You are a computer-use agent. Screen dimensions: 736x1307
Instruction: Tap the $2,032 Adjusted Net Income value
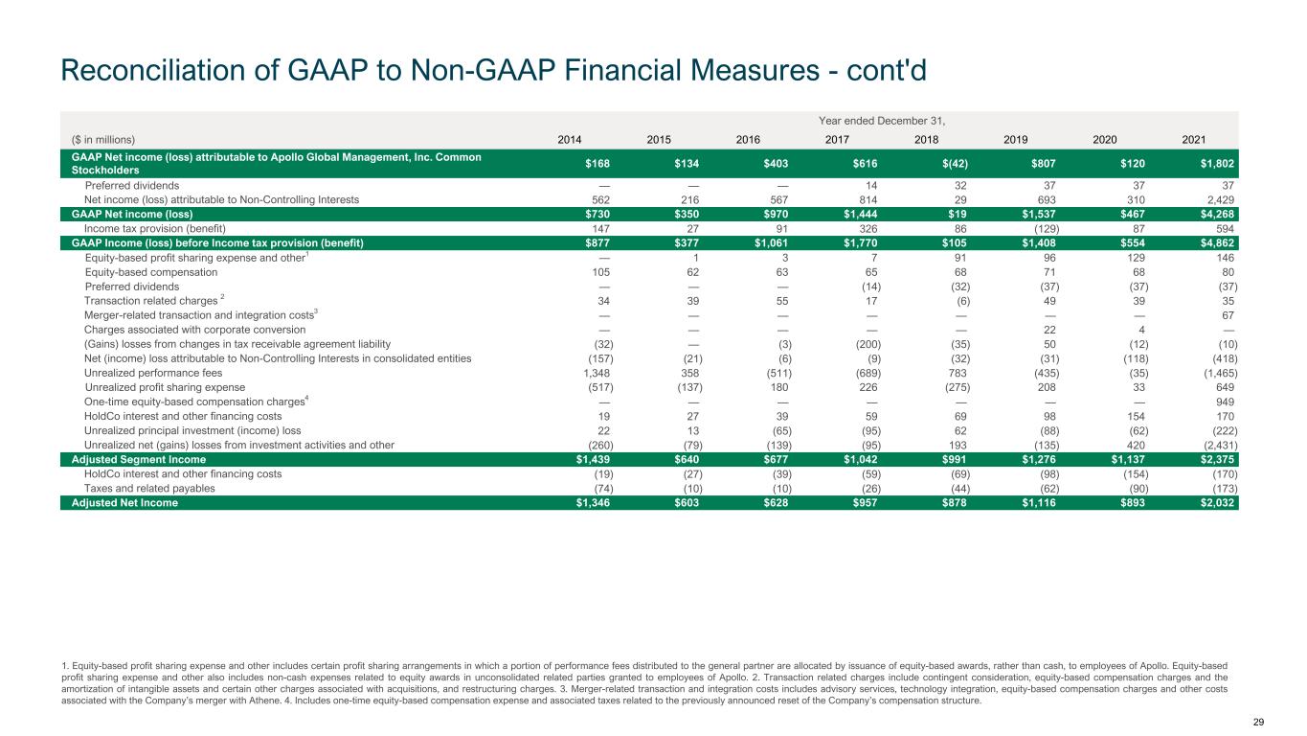point(1216,502)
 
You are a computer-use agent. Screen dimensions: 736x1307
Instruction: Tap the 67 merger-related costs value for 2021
point(1230,314)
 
